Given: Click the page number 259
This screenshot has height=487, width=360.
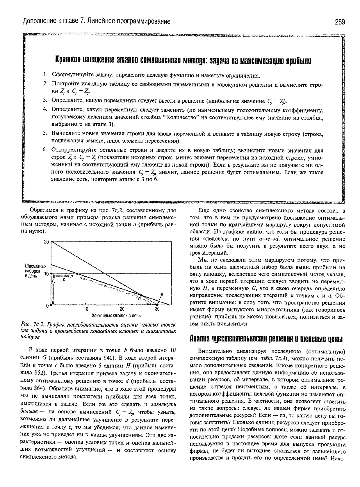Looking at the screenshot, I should pos(339,22).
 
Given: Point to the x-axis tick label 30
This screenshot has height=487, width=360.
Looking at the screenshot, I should pos(157,309).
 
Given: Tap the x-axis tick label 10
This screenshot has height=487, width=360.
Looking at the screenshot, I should pos(86,309).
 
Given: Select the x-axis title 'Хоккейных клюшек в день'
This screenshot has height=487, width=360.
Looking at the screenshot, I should pos(112,315).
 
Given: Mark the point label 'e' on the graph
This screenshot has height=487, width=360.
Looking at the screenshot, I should pos(162,294).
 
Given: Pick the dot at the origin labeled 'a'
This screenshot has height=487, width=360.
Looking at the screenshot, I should pos(51,305).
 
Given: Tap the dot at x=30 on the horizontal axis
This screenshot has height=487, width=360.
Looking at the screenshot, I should pos(157,305).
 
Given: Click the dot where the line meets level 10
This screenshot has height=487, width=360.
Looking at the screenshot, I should pos(77,273).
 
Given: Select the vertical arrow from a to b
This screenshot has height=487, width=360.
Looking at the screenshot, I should pos(53,289).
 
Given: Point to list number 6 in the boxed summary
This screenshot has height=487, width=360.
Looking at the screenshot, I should pos(45,150).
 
